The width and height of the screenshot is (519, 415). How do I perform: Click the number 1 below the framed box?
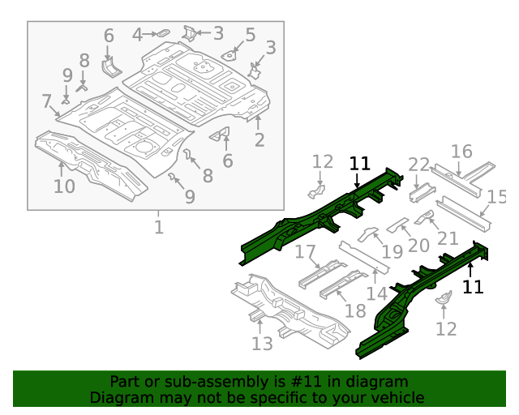click(x=159, y=227)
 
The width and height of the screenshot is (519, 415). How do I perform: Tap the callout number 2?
click(x=259, y=140)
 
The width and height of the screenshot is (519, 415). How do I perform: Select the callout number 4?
click(x=138, y=34)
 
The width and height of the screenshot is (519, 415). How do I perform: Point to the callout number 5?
click(x=250, y=35)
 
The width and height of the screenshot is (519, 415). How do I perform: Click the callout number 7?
click(x=46, y=101)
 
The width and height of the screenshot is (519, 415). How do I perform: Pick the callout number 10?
click(x=64, y=186)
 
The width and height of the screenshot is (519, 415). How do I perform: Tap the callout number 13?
click(x=262, y=344)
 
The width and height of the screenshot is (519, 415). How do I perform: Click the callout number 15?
click(x=496, y=196)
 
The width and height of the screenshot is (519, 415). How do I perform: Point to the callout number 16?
click(x=461, y=152)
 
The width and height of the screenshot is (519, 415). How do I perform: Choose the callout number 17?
click(x=305, y=252)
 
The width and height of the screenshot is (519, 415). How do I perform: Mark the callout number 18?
click(x=355, y=311)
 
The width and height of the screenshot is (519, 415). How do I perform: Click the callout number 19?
click(x=392, y=251)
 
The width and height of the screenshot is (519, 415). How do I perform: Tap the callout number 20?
click(x=418, y=246)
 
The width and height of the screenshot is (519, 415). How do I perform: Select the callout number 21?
click(x=448, y=238)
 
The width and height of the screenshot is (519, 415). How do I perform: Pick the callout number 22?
click(x=418, y=165)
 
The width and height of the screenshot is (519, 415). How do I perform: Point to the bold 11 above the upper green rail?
click(x=359, y=164)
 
